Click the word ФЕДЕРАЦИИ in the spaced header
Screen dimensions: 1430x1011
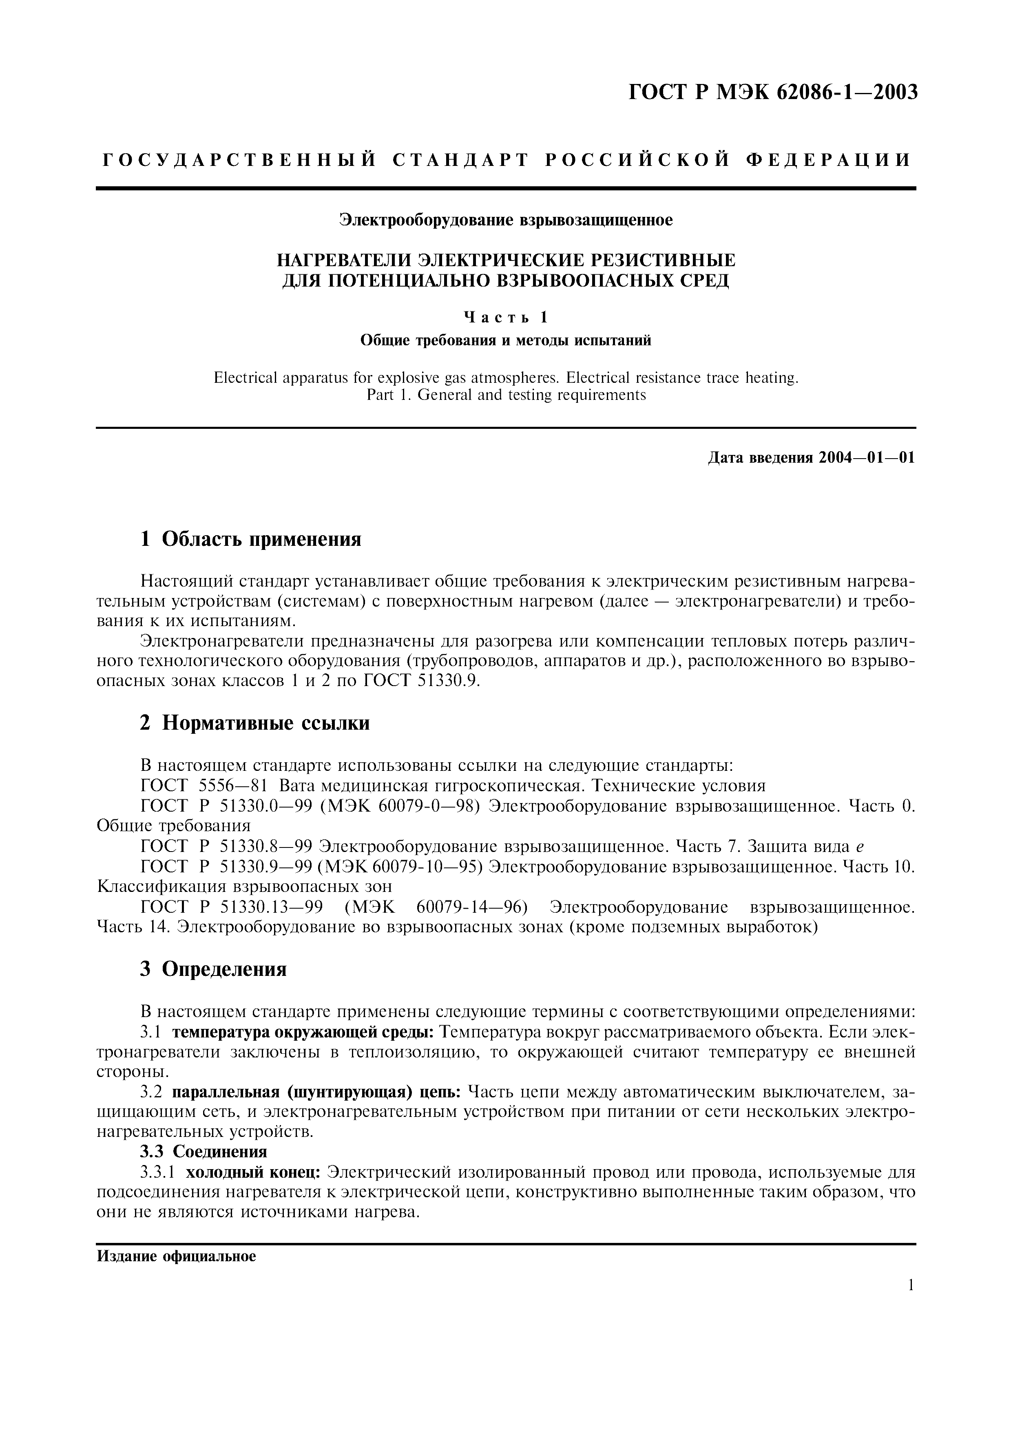tap(828, 160)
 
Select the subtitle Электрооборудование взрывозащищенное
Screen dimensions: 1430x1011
tap(505, 221)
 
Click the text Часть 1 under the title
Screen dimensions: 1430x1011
tap(505, 318)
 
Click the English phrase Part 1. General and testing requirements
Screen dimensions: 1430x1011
tap(505, 395)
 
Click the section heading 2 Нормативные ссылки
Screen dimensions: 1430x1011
tap(255, 723)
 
